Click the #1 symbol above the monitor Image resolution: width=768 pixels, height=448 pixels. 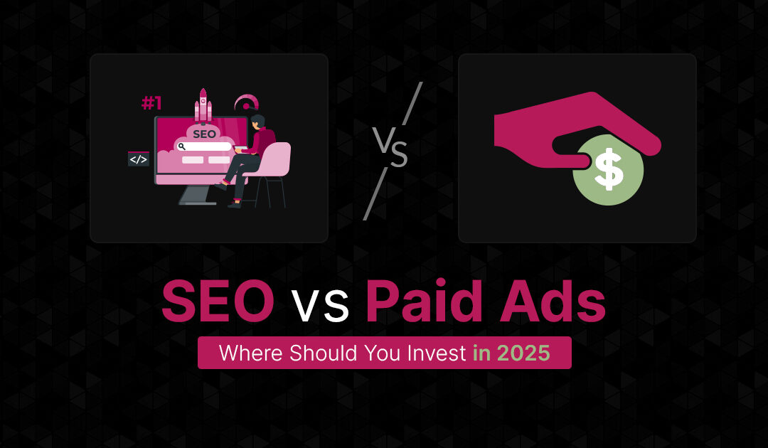tap(151, 103)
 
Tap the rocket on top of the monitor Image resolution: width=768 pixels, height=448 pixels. tap(203, 105)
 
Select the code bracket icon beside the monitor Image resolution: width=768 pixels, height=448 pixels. tap(138, 159)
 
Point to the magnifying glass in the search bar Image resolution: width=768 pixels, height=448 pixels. tap(183, 146)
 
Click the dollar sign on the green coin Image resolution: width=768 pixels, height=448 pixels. tap(609, 171)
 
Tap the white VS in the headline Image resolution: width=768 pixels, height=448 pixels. tap(320, 306)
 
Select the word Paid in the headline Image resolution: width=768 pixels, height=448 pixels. tap(424, 303)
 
